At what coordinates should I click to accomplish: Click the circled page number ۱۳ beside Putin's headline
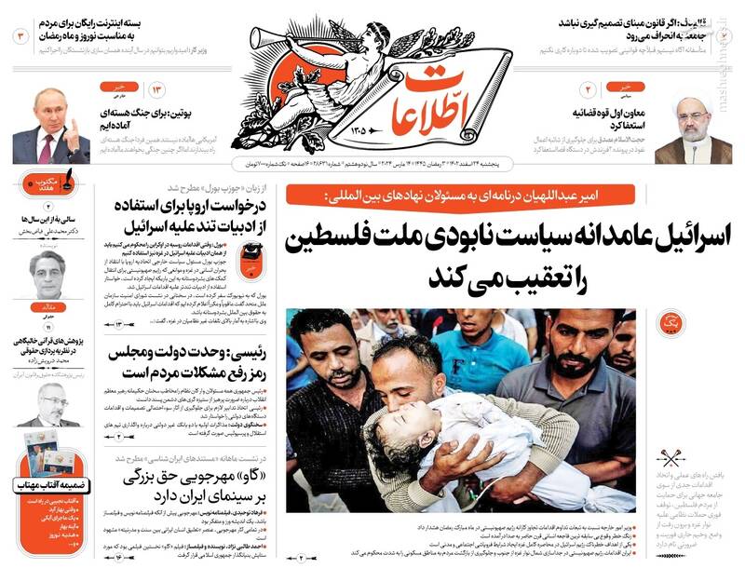point(157,89)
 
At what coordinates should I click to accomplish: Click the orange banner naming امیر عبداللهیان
point(463,195)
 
